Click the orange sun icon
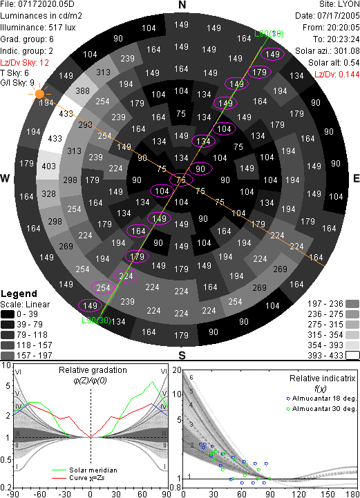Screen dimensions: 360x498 tap(39, 94)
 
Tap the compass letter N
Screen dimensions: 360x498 tap(182, 5)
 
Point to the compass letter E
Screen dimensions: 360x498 tap(356, 178)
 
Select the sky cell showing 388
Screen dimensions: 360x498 tap(83, 91)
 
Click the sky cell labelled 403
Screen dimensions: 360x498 tap(48, 166)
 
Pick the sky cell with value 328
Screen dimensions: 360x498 tap(48, 193)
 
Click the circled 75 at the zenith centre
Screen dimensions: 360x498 tap(181, 180)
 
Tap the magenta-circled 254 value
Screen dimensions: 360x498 tap(103, 288)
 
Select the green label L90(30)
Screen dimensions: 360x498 tap(96, 320)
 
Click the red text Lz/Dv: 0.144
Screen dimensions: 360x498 tap(337, 75)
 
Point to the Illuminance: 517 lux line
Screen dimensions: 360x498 tap(38, 28)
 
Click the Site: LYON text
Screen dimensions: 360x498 tap(339, 4)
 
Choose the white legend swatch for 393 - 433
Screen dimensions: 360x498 tap(352, 356)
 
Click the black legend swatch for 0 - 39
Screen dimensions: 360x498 tap(8, 314)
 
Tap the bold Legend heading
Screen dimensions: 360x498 tap(19, 294)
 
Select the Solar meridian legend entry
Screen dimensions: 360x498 tap(85, 470)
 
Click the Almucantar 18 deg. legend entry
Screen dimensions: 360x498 tap(321, 399)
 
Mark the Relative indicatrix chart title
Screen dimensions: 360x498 tap(322, 379)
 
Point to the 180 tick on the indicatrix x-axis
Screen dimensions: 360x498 tap(352, 494)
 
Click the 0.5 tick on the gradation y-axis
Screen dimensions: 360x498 tap(6, 460)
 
